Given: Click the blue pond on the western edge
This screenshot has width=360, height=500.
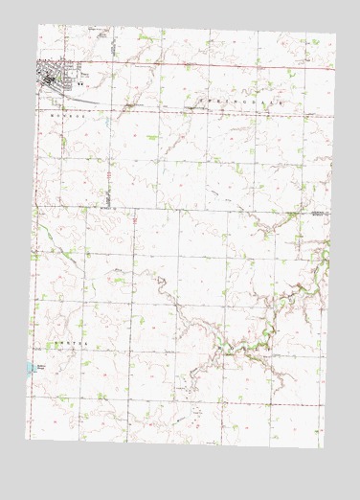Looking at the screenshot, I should (x=34, y=367).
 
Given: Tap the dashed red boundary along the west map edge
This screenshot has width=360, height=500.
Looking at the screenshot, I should (x=33, y=287).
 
